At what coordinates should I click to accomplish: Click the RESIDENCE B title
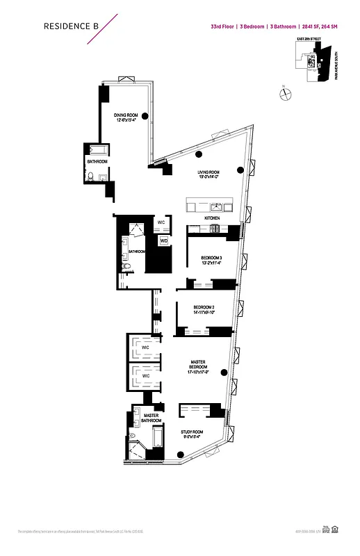pyautogui.click(x=71, y=26)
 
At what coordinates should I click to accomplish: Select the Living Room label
pyautogui.click(x=208, y=174)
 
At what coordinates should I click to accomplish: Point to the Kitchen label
pyautogui.click(x=212, y=218)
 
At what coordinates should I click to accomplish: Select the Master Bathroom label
pyautogui.click(x=152, y=418)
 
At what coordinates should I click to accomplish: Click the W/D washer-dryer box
pyautogui.click(x=164, y=241)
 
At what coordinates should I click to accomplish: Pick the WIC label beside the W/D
pyautogui.click(x=161, y=222)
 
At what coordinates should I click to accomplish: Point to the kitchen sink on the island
pyautogui.click(x=216, y=206)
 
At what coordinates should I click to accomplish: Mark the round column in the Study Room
pyautogui.click(x=181, y=457)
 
